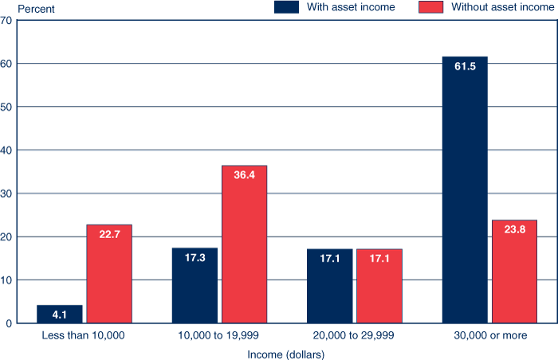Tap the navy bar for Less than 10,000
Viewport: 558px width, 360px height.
(59, 314)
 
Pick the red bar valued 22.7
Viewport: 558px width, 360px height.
(109, 274)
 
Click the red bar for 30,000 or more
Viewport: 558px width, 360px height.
(514, 272)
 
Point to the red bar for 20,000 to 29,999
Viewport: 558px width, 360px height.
(379, 286)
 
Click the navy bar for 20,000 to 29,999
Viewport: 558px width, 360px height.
(329, 286)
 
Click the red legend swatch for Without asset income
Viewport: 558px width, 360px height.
(431, 7)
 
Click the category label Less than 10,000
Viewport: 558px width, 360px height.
(83, 336)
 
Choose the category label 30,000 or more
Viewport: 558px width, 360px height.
(489, 336)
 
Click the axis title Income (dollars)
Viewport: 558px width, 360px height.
(286, 353)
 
